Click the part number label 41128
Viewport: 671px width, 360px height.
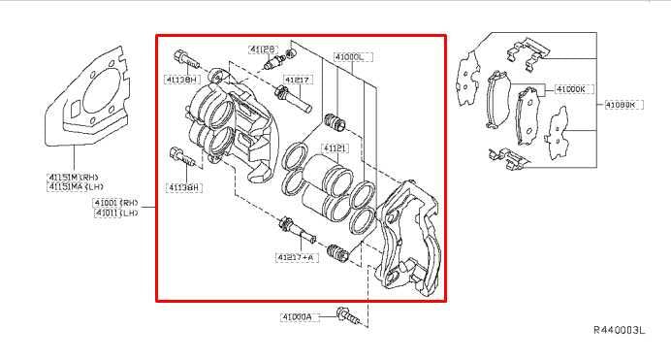(x=262, y=48)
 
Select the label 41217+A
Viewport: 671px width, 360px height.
(x=295, y=257)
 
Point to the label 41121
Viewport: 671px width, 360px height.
(x=335, y=148)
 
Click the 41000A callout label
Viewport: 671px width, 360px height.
(x=297, y=316)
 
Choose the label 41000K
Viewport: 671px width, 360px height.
(x=570, y=89)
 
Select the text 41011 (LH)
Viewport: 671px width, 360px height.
(x=115, y=212)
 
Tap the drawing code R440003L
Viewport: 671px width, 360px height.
(x=619, y=331)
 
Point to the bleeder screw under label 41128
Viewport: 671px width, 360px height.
(x=272, y=63)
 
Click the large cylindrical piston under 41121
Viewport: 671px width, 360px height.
(x=324, y=189)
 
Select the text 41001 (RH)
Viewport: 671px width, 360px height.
(x=115, y=202)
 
